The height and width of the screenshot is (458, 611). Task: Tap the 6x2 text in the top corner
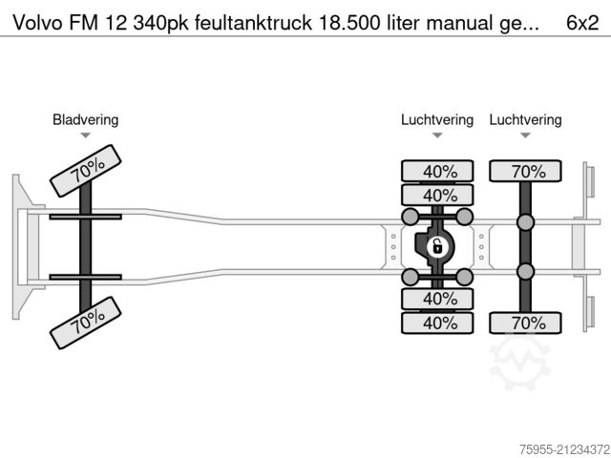(x=583, y=20)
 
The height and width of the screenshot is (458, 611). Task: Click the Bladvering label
(x=85, y=119)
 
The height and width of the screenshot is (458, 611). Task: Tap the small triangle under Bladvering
(x=85, y=136)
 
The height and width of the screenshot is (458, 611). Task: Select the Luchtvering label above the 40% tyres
(x=436, y=119)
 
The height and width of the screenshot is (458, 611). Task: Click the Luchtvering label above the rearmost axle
(x=525, y=119)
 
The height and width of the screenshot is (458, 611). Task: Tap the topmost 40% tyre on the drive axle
(x=437, y=172)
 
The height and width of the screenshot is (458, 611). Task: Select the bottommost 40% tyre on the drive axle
(x=437, y=323)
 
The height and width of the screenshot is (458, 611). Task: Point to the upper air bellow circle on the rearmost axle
(x=525, y=222)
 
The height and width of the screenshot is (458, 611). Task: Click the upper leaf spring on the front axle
(x=85, y=218)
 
